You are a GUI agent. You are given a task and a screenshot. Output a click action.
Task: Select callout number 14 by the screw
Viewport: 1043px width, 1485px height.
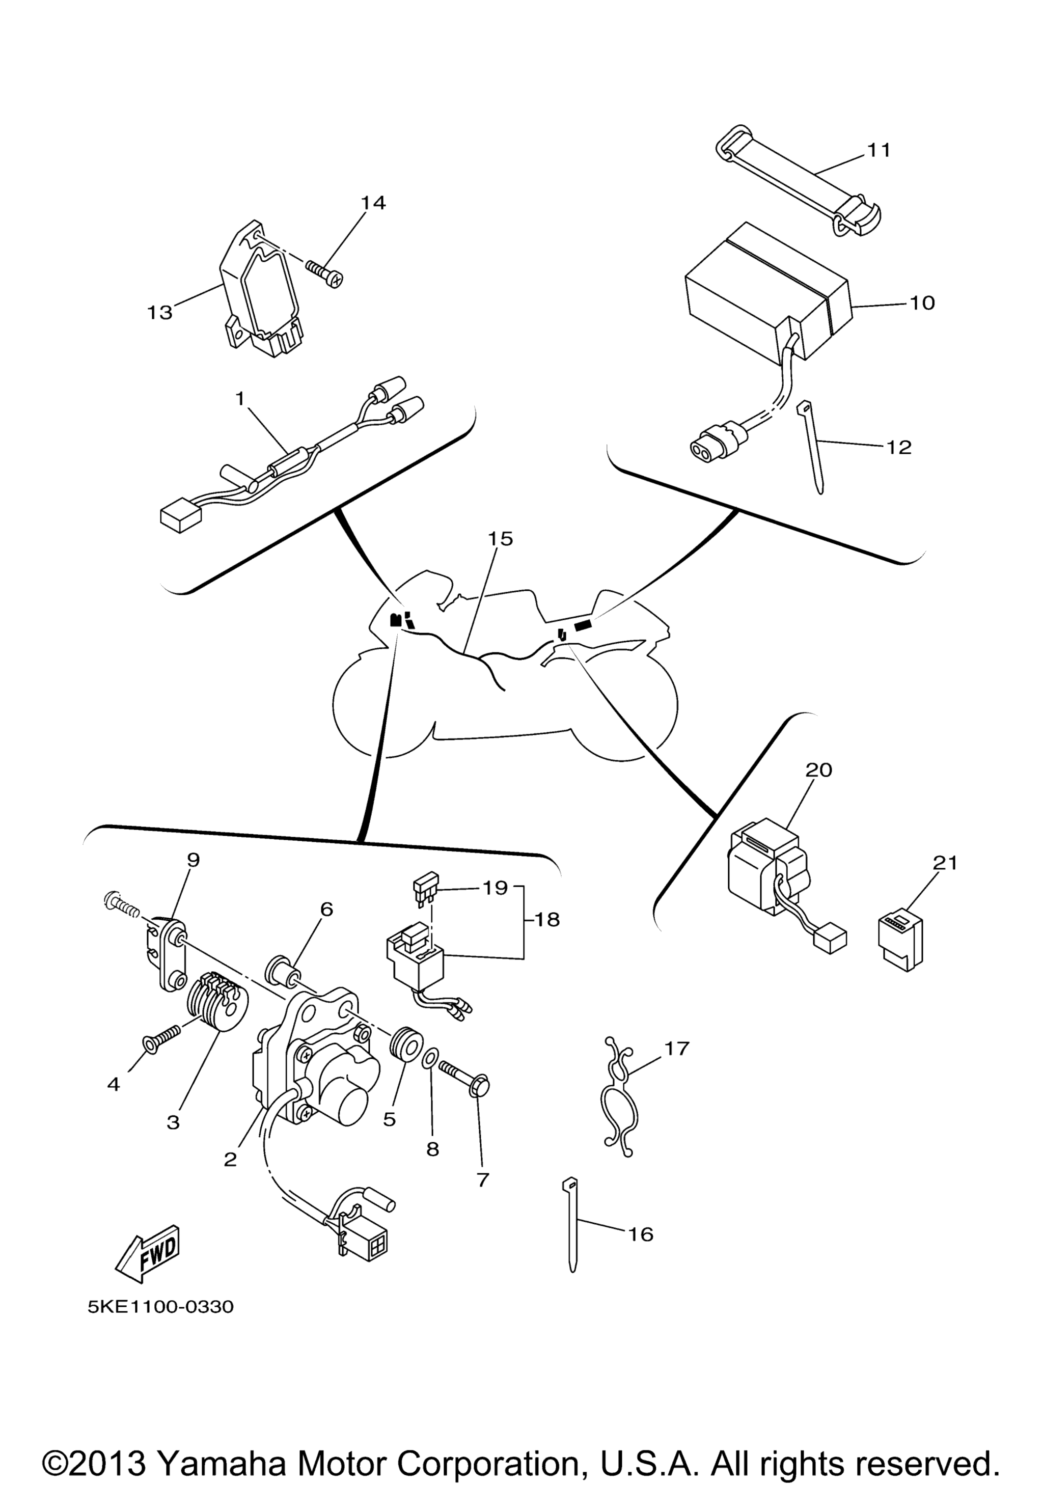pyautogui.click(x=373, y=203)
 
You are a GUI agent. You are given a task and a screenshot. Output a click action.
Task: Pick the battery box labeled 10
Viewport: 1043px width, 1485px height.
pyautogui.click(x=768, y=290)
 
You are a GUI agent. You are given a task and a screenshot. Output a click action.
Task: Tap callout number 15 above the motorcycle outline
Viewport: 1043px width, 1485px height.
pyautogui.click(x=501, y=539)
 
